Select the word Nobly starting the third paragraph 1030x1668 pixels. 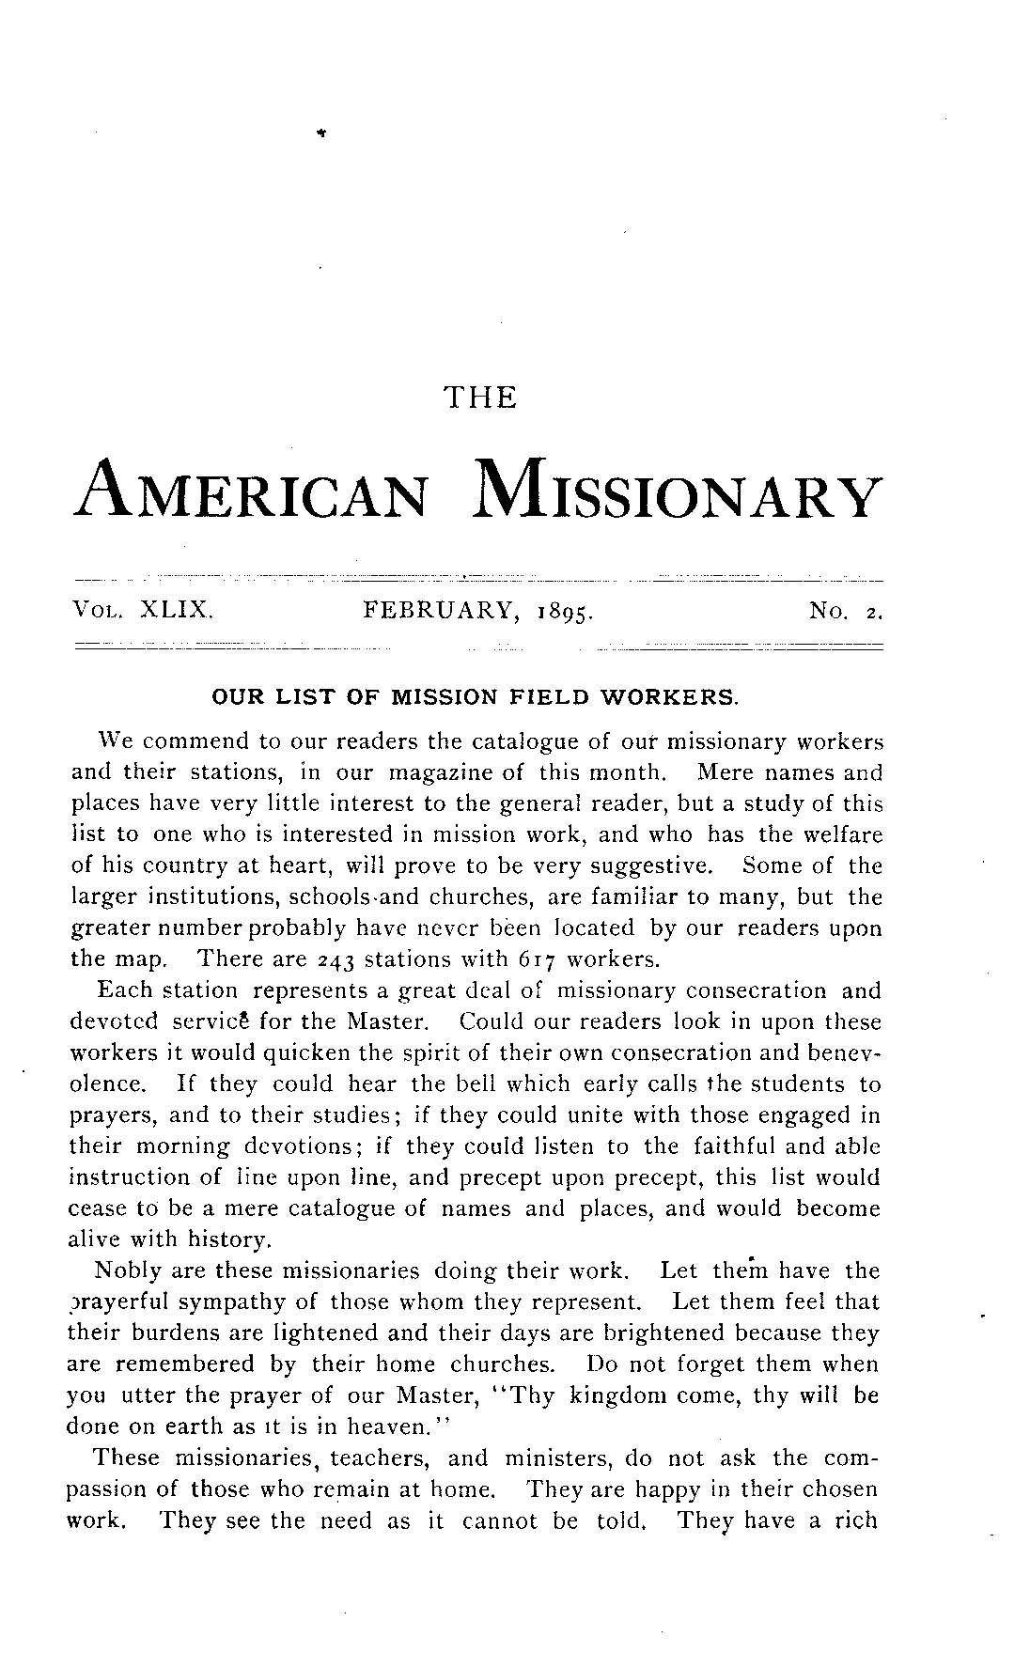127,1271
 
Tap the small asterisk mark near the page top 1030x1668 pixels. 321,134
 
